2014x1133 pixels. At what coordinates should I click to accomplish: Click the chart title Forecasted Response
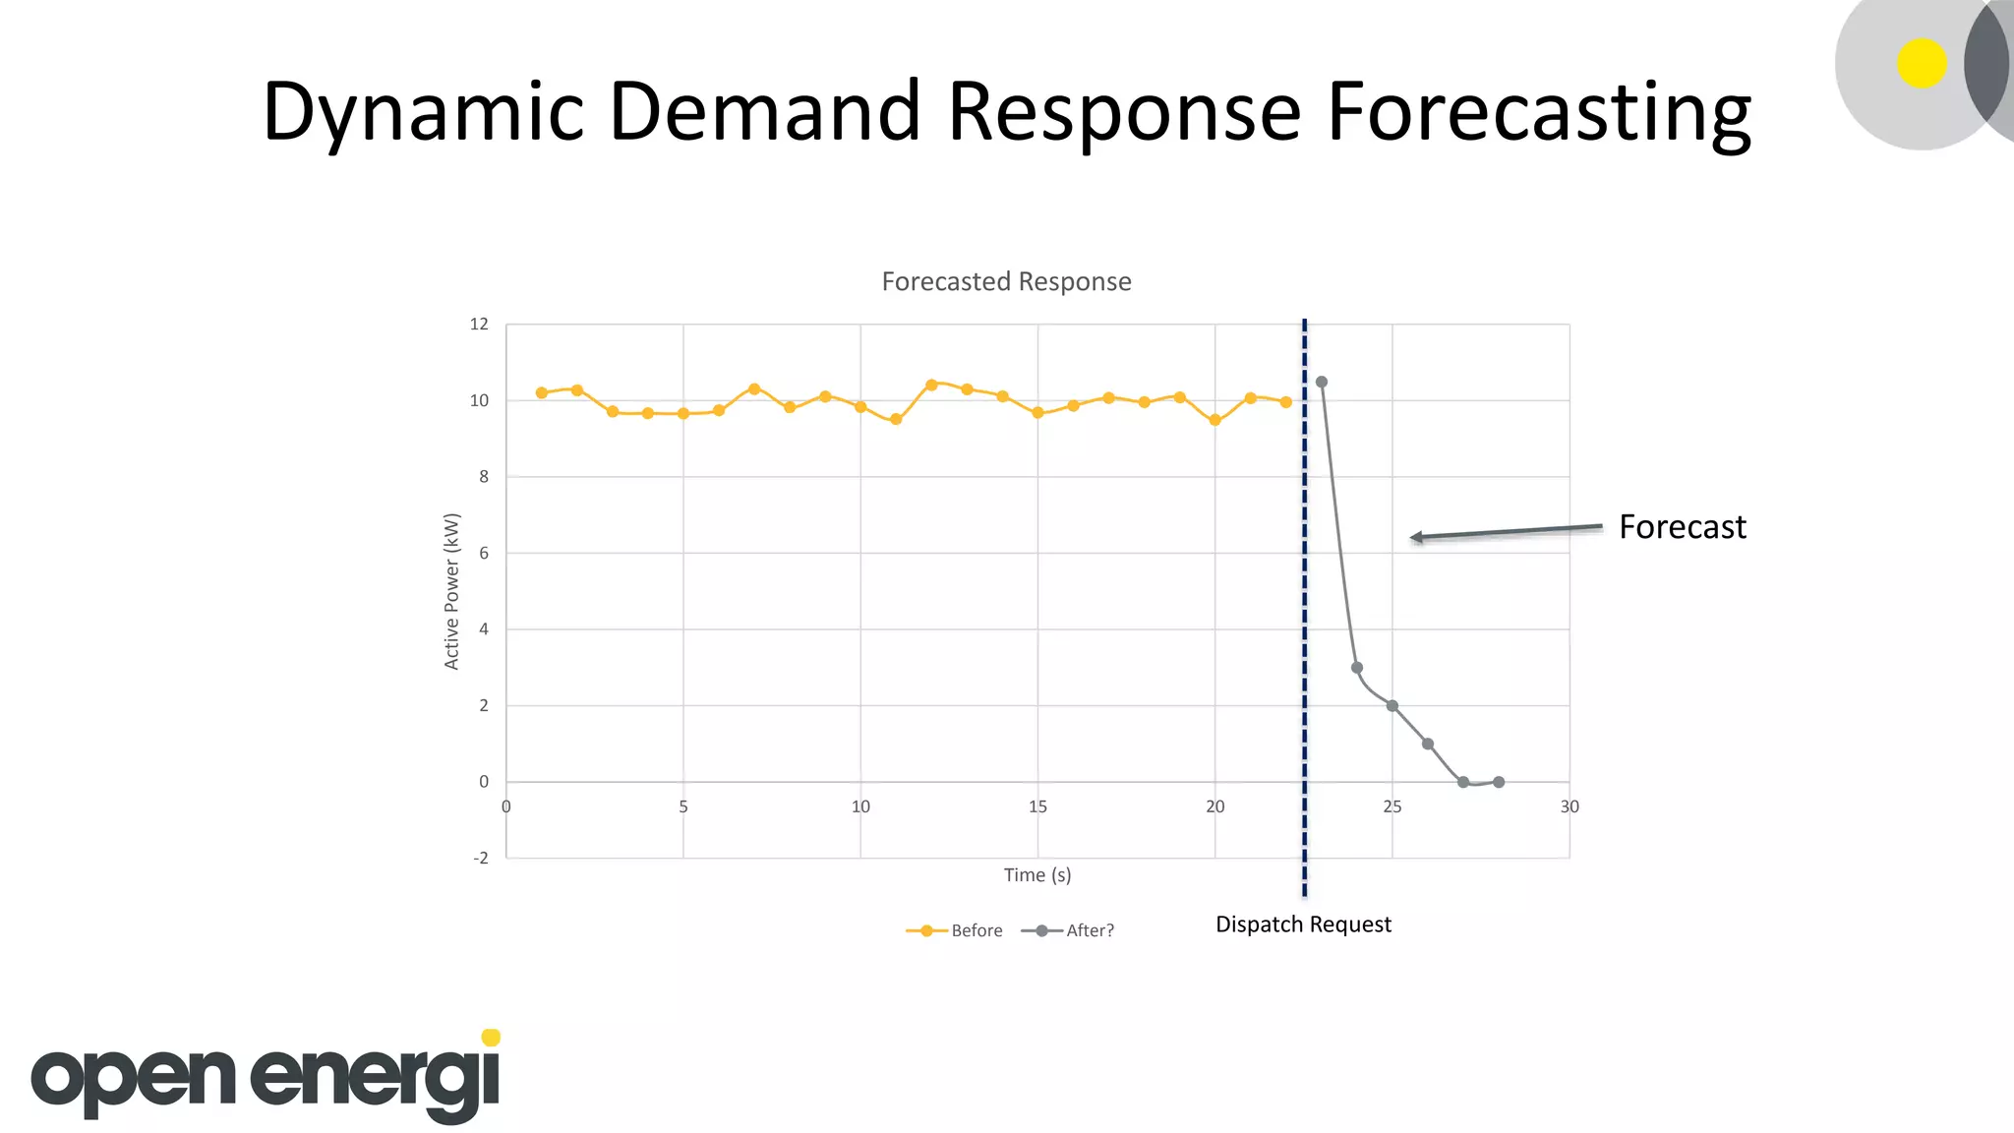1006,282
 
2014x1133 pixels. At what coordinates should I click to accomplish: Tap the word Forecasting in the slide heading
1538,113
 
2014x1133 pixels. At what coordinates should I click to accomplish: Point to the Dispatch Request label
1303,924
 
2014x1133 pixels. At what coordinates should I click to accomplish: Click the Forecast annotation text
1682,527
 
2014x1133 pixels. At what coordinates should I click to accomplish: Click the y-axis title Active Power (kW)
451,591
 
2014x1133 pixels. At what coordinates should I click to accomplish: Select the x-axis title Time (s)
1037,875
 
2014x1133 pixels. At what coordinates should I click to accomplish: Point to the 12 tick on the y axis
479,325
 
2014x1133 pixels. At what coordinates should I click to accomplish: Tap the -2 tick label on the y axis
480,859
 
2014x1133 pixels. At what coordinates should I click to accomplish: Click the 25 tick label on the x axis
1392,807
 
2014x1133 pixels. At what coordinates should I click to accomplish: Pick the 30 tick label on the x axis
1570,807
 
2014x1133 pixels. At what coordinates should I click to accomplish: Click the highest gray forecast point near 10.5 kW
1322,382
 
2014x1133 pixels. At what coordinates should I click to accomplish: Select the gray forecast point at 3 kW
1357,668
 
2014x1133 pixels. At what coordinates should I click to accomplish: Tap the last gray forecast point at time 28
1499,783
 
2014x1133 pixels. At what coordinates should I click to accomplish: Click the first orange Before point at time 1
542,392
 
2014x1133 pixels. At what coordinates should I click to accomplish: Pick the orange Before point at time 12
931,385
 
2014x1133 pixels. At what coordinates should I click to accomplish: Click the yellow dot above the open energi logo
491,1038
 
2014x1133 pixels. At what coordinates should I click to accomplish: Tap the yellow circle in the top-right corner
1922,64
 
